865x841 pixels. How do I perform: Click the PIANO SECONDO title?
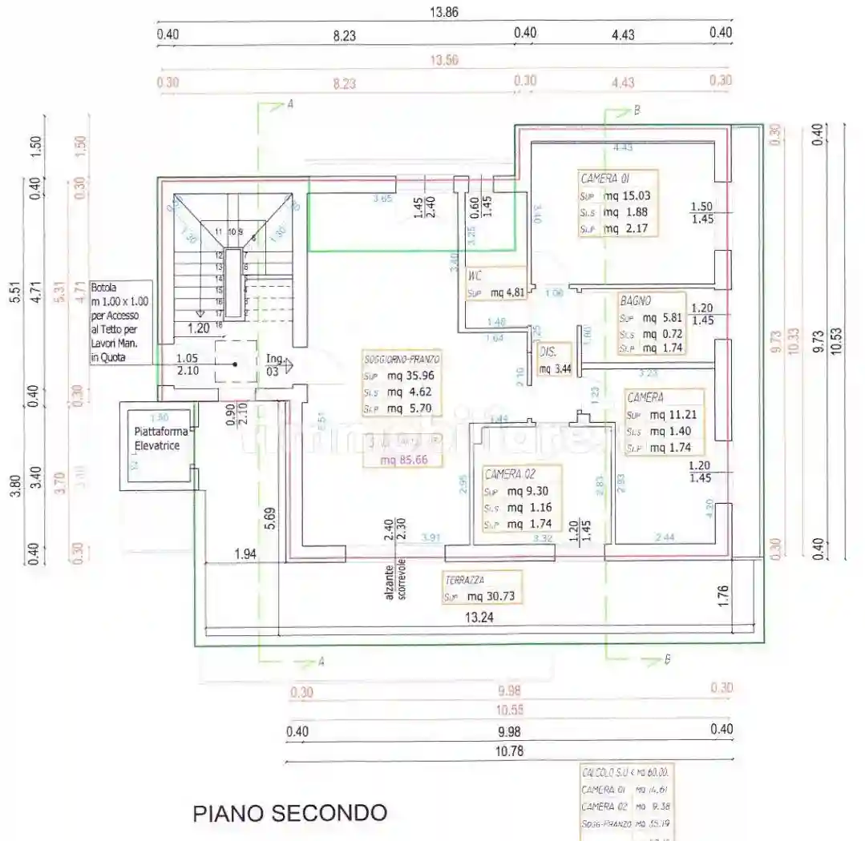pyautogui.click(x=289, y=813)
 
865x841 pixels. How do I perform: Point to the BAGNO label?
pyautogui.click(x=635, y=302)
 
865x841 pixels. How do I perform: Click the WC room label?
pyautogui.click(x=475, y=276)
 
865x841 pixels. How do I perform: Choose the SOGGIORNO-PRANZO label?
pyautogui.click(x=402, y=360)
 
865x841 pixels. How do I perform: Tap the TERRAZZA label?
pyautogui.click(x=469, y=579)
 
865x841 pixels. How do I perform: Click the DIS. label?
pyautogui.click(x=548, y=351)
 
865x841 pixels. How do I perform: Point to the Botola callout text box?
pyautogui.click(x=120, y=322)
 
